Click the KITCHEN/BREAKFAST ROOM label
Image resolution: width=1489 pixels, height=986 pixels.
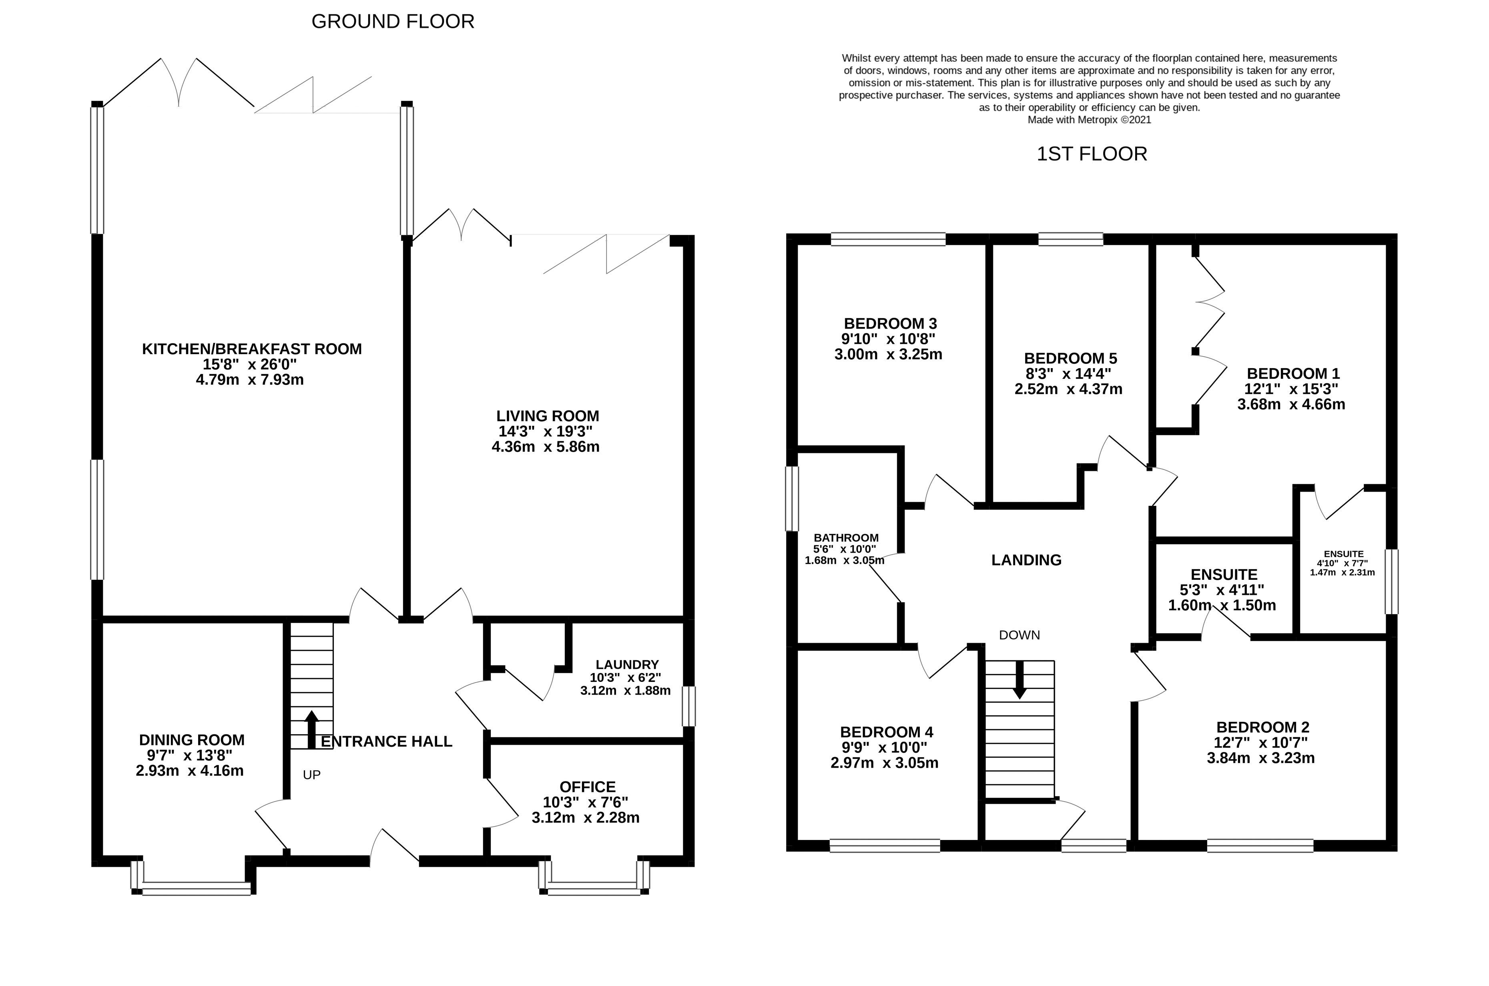[251, 349]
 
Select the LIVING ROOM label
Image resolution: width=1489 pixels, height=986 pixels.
[547, 416]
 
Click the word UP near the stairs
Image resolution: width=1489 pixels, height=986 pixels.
[311, 775]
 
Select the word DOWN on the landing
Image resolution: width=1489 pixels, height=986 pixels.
[1019, 635]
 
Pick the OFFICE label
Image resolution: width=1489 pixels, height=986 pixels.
[587, 787]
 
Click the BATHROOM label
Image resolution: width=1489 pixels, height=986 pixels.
[846, 538]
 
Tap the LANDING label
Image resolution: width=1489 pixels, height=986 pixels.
[1026, 560]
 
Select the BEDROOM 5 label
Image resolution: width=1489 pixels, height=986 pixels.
[1070, 359]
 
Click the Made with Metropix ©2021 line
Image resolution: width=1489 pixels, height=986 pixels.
[1089, 120]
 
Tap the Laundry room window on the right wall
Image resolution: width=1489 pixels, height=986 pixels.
[689, 706]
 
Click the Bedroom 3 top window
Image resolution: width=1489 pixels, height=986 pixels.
[888, 239]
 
